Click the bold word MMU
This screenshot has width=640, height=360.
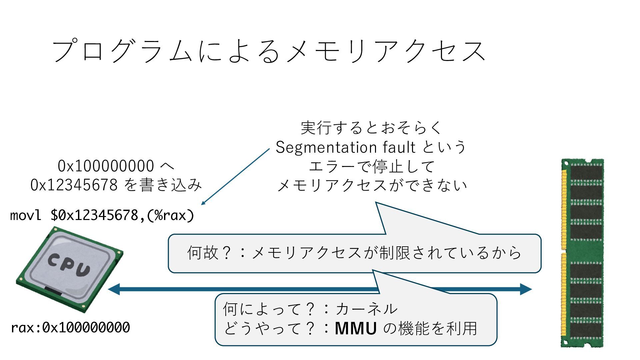point(356,328)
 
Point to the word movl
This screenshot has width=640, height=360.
point(26,215)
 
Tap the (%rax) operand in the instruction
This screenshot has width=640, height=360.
point(170,215)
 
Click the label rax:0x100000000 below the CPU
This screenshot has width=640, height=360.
point(70,328)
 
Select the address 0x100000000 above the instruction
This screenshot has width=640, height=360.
point(106,166)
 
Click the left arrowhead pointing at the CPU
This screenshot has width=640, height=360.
point(113,289)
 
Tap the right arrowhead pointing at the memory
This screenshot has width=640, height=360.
point(526,289)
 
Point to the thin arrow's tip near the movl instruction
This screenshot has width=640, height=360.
point(202,204)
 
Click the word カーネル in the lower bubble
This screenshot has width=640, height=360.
point(366,309)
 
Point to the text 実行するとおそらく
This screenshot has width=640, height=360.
point(371,128)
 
